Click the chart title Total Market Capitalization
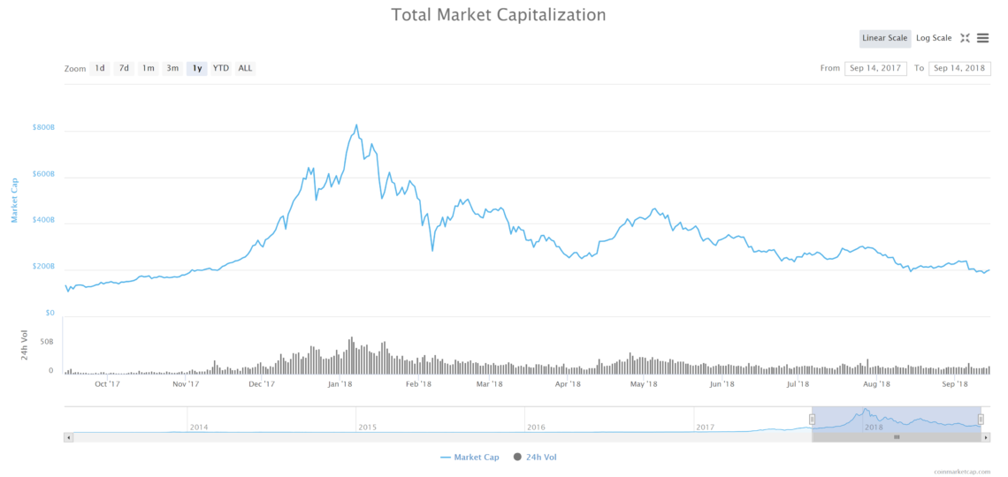pyautogui.click(x=499, y=15)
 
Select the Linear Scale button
pyautogui.click(x=884, y=38)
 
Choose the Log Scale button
pyautogui.click(x=934, y=38)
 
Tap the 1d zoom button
pyautogui.click(x=100, y=68)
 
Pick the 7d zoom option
pyautogui.click(x=124, y=68)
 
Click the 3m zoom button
pyautogui.click(x=172, y=68)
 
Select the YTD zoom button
pyautogui.click(x=221, y=68)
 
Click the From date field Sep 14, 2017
pyautogui.click(x=875, y=68)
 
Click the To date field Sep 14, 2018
pyautogui.click(x=959, y=68)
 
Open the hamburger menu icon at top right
pyautogui.click(x=983, y=38)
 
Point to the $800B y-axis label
pyautogui.click(x=43, y=129)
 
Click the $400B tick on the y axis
pyautogui.click(x=43, y=221)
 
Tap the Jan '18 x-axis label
pyautogui.click(x=340, y=384)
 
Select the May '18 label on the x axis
pyautogui.click(x=645, y=384)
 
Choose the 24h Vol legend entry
pyautogui.click(x=535, y=457)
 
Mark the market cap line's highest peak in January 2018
pyautogui.click(x=356, y=125)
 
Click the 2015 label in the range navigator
pyautogui.click(x=367, y=427)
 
